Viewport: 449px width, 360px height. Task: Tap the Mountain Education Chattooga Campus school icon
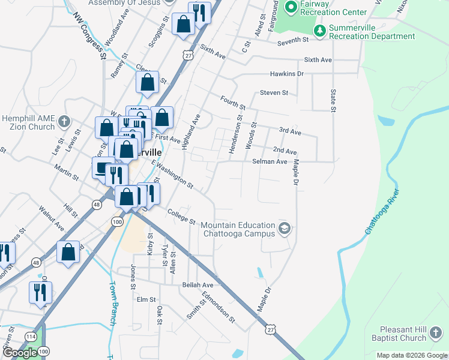pyautogui.click(x=285, y=228)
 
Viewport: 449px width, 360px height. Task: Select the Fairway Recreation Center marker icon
pyautogui.click(x=291, y=8)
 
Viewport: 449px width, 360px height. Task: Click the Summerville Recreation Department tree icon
pyautogui.click(x=320, y=31)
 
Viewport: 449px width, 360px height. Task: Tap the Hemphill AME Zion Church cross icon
pyautogui.click(x=65, y=123)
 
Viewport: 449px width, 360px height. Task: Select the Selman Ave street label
pyautogui.click(x=270, y=161)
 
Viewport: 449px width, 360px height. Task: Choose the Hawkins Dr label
pyautogui.click(x=286, y=74)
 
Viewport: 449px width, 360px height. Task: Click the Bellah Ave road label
pyautogui.click(x=199, y=285)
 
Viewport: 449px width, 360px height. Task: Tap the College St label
pyautogui.click(x=182, y=217)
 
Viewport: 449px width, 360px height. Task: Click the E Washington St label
pyautogui.click(x=172, y=174)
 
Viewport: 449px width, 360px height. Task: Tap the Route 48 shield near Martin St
pyautogui.click(x=96, y=205)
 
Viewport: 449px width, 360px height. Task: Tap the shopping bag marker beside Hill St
pyautogui.click(x=68, y=252)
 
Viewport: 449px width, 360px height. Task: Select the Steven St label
pyautogui.click(x=274, y=93)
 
